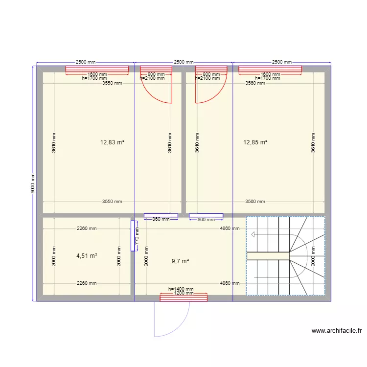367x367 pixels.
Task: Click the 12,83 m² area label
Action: click(x=112, y=142)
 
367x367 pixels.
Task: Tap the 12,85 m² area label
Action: click(x=255, y=142)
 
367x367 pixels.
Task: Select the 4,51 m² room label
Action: click(x=87, y=255)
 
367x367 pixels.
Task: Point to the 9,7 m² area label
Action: click(x=180, y=261)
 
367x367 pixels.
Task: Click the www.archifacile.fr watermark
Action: click(x=336, y=331)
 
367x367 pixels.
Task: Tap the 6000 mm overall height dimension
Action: click(x=33, y=184)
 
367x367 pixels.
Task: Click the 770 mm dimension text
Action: click(x=137, y=238)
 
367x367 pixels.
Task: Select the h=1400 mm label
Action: click(x=181, y=290)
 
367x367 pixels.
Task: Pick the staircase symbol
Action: click(x=285, y=256)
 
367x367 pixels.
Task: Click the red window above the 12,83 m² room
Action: click(x=97, y=69)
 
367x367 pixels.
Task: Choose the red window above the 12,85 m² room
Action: click(x=270, y=69)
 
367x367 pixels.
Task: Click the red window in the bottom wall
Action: click(x=183, y=298)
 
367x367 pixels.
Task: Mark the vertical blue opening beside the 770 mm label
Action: click(x=133, y=236)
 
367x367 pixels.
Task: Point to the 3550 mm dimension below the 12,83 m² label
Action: click(x=112, y=201)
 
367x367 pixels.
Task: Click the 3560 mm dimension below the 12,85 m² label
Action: click(x=255, y=201)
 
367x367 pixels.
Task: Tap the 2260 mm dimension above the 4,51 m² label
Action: click(x=87, y=228)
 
